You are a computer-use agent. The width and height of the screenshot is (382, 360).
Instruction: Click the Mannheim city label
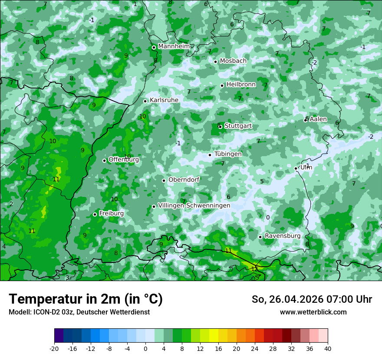point(174,46)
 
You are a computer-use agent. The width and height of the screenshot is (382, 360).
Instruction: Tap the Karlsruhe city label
point(164,100)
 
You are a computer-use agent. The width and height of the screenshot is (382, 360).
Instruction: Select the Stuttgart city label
point(238,126)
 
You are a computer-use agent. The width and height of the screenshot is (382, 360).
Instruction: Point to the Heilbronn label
point(241,85)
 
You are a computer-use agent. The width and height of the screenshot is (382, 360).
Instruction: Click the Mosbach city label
point(233,61)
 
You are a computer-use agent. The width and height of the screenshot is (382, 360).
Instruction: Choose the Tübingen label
point(228,154)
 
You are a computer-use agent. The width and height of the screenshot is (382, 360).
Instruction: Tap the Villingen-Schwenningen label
point(194,206)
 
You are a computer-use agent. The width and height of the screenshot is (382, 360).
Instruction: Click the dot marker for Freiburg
point(95,215)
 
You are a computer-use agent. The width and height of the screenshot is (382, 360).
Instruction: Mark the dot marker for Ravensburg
point(260,237)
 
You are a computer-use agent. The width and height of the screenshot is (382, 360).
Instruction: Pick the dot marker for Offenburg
point(104,160)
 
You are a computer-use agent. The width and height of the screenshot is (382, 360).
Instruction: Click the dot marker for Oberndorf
point(164,180)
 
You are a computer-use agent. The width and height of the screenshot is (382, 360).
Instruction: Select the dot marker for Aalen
point(306,120)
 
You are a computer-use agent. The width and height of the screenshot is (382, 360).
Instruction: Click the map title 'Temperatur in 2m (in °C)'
point(86,299)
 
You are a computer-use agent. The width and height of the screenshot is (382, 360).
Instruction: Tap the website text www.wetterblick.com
point(313,312)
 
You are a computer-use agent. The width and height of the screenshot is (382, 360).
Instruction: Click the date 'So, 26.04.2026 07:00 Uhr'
point(312,299)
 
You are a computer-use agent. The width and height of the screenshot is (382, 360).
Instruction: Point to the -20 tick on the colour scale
point(54,348)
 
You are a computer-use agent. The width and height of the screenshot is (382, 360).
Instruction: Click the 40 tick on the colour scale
point(328,348)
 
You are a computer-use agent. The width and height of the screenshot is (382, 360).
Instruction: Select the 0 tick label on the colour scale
point(145,348)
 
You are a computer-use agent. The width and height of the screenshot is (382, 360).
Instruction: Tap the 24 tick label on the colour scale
point(255,348)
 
